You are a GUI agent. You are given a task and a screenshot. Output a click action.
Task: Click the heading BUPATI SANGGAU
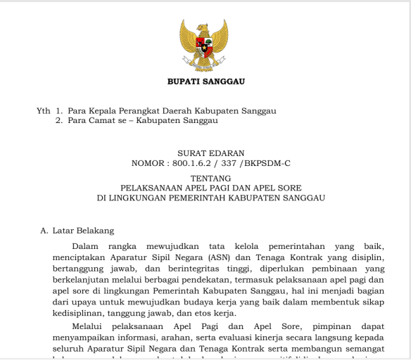205,82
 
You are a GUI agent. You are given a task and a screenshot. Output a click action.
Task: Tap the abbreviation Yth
44,110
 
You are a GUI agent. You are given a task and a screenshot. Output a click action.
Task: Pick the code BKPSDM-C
268,163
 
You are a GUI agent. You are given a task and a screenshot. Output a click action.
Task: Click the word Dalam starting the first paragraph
86,246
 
